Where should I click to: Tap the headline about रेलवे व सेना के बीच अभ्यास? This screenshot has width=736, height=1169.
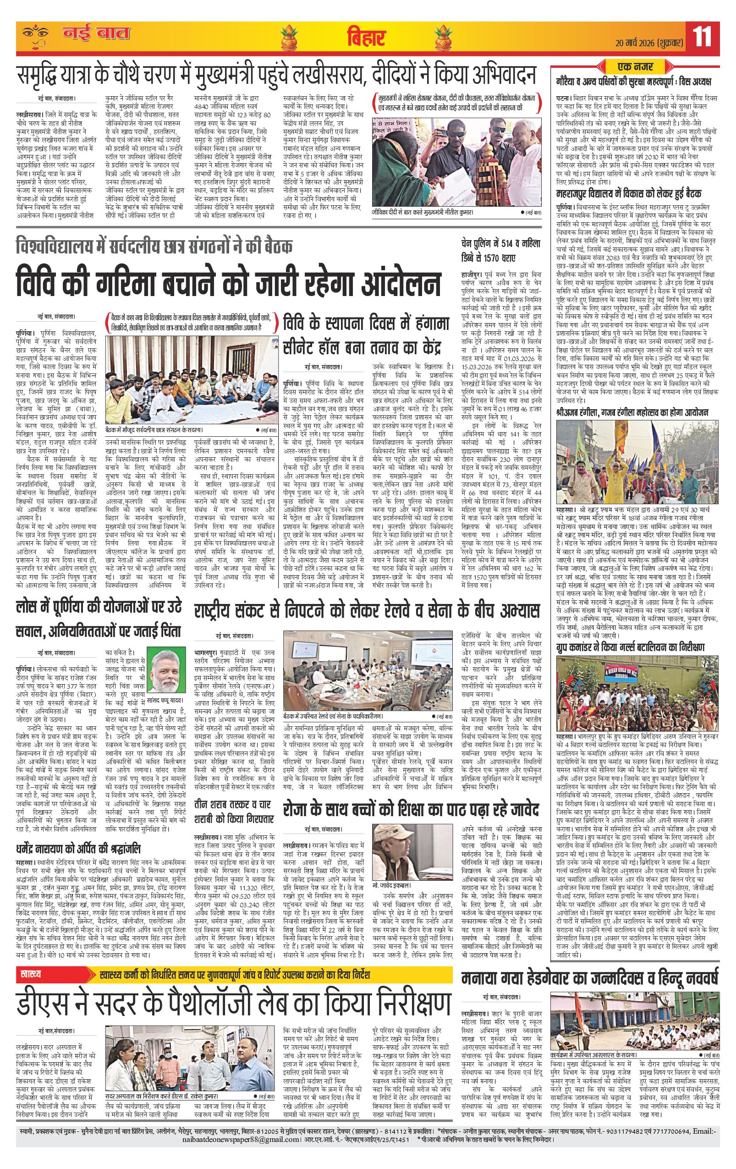pos(367,610)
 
